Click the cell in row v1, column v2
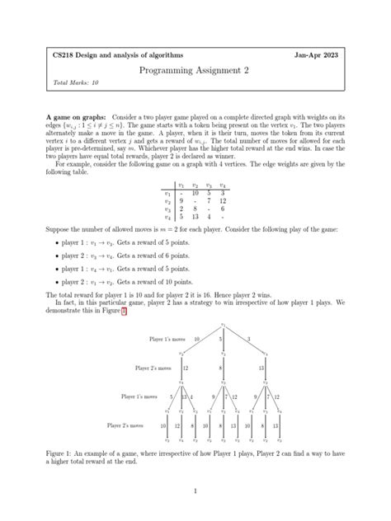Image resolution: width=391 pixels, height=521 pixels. [x=195, y=192]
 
